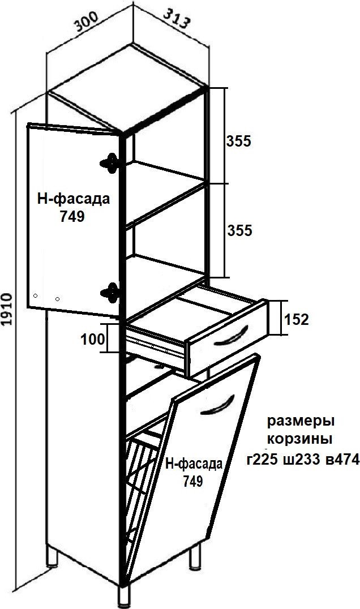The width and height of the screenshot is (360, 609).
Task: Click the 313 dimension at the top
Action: coord(177,19)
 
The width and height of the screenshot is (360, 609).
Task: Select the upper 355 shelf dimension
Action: coord(239,141)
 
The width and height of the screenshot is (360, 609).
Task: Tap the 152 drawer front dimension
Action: coord(296,320)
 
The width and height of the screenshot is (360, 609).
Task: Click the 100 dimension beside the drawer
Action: coord(93,340)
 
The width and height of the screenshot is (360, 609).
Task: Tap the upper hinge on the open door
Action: coord(110,163)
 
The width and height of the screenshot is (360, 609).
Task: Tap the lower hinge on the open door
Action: coord(110,293)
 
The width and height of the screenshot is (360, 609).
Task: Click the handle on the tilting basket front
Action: coord(218,405)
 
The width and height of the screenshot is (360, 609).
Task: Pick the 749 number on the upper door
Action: coord(72,217)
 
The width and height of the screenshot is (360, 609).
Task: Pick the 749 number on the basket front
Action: coord(193,482)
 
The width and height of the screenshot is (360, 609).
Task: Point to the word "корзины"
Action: coord(300,440)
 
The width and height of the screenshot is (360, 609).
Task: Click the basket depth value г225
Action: coord(262,460)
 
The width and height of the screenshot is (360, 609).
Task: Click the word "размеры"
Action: coord(301,422)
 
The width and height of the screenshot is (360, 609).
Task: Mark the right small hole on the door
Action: coord(58,299)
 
